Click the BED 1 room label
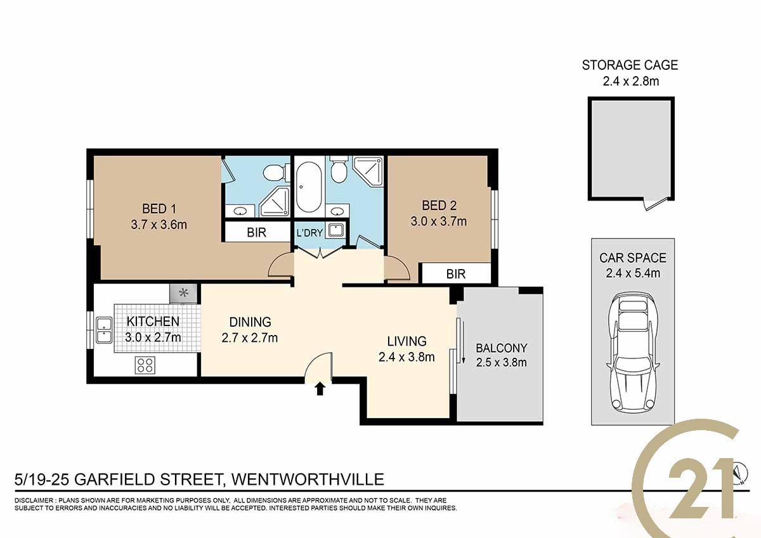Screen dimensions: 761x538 (159, 208)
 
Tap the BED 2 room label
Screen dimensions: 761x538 (439, 206)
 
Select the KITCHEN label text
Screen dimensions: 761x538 (153, 321)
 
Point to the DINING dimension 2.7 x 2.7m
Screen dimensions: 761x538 (250, 338)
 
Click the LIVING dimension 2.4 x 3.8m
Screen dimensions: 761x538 (407, 357)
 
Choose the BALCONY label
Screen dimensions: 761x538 (502, 348)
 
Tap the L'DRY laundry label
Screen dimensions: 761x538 (309, 233)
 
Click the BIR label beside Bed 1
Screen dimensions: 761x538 (256, 232)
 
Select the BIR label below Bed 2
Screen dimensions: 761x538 (455, 274)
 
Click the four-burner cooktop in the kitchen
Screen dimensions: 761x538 (145, 365)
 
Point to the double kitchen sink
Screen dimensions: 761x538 (104, 331)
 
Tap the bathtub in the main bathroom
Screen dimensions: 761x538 (309, 188)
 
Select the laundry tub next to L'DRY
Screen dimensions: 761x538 (335, 230)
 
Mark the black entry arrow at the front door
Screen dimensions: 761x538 (320, 389)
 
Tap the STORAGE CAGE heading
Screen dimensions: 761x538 (630, 65)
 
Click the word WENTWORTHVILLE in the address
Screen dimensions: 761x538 (308, 479)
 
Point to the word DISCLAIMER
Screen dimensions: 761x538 (34, 501)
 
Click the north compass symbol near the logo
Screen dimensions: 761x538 (741, 473)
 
